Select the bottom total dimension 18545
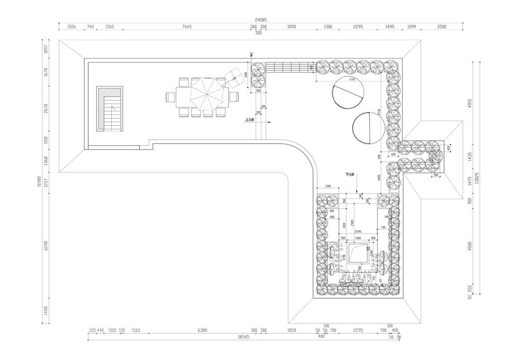pyautogui.click(x=244, y=337)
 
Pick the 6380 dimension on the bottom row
pyautogui.click(x=202, y=330)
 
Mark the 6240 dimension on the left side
pyautogui.click(x=46, y=246)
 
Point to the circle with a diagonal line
pyautogui.click(x=348, y=93)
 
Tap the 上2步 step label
pyautogui.click(x=249, y=119)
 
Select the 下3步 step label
pyautogui.click(x=350, y=175)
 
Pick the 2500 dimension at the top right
pyautogui.click(x=441, y=27)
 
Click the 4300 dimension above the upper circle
pyautogui.click(x=352, y=80)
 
